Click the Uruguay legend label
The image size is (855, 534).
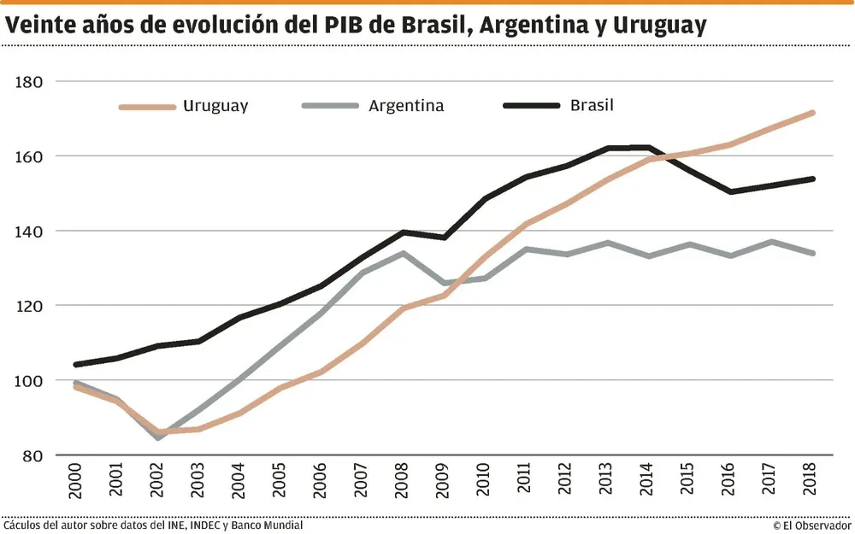(215, 106)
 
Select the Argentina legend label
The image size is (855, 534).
(406, 106)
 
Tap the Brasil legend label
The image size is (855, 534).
(592, 106)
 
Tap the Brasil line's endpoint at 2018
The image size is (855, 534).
(812, 179)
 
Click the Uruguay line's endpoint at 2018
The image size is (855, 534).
(812, 112)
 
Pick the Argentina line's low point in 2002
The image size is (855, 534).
(158, 437)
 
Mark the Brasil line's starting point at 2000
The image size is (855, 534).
(77, 365)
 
